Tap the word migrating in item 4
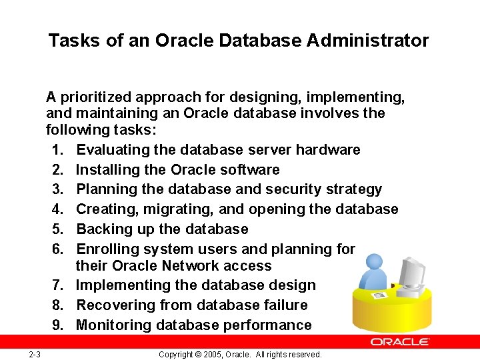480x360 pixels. [x=184, y=209]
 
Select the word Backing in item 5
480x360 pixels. [x=102, y=229]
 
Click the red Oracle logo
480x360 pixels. [x=400, y=341]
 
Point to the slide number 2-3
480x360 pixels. [x=35, y=354]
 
